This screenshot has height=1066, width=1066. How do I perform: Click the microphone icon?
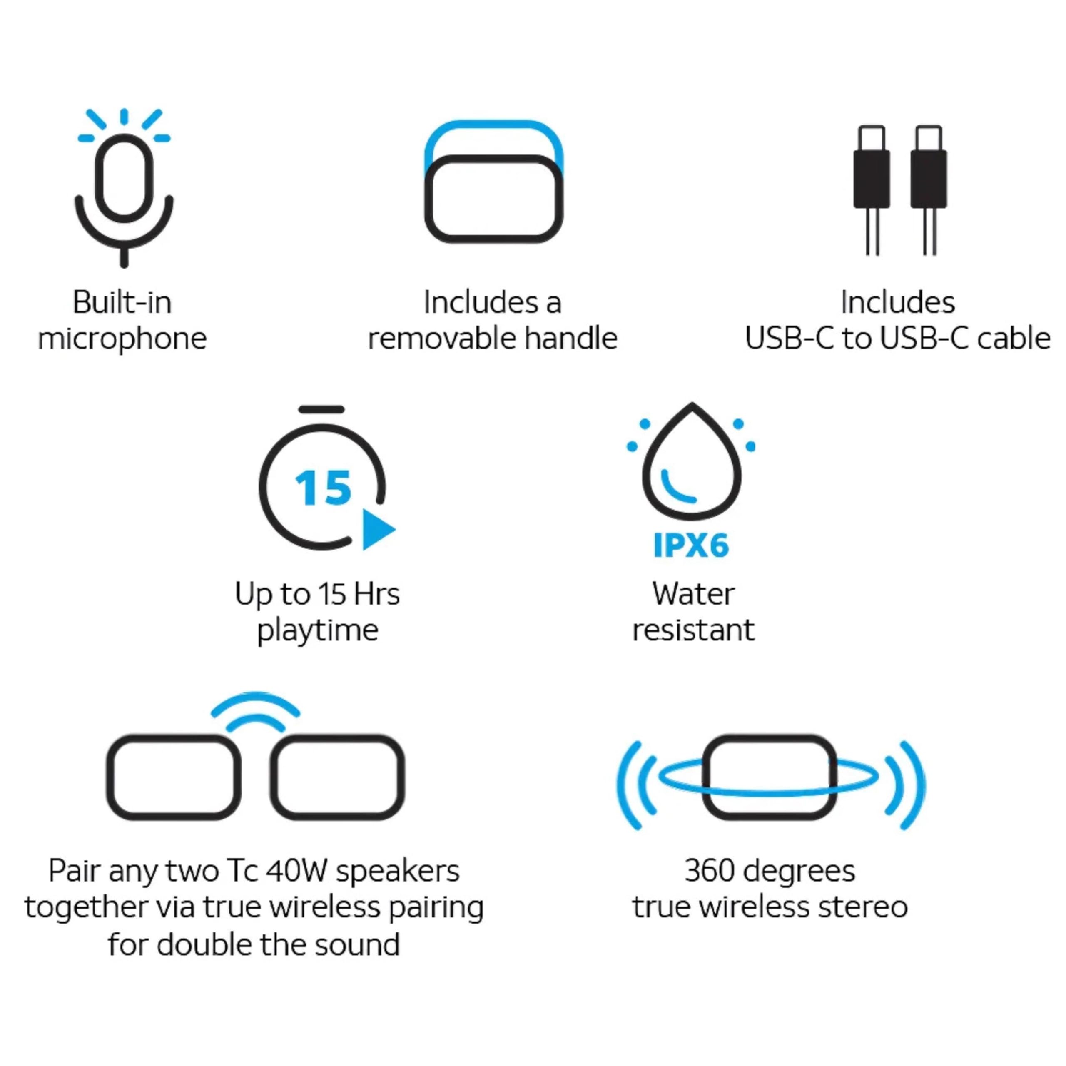tap(124, 182)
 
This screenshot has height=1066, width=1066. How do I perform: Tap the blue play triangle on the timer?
tap(377, 529)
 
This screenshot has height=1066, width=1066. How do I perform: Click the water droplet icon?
tap(692, 466)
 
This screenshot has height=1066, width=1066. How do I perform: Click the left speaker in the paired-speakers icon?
tap(174, 777)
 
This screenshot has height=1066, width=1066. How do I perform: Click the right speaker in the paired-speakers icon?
tap(337, 777)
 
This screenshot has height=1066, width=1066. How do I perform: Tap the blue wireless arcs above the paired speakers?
tap(255, 712)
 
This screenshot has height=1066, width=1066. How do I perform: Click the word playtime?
tap(318, 630)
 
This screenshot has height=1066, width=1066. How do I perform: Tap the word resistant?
tap(693, 630)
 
